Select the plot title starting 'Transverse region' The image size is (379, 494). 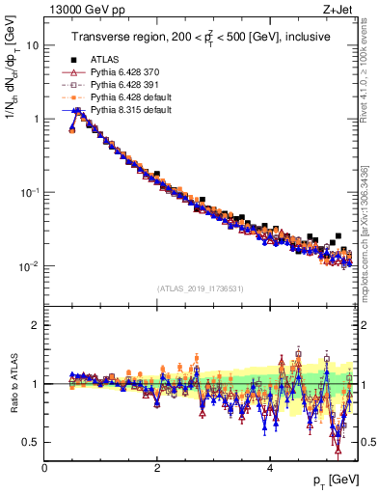201,38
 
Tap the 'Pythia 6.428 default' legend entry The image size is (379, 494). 131,98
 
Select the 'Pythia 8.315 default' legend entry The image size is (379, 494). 131,111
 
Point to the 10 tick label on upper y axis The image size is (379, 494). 32,45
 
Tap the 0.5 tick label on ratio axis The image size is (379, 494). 30,442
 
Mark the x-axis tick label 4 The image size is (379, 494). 269,468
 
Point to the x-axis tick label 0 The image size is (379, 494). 44,468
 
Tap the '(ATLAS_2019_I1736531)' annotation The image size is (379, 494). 200,288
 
